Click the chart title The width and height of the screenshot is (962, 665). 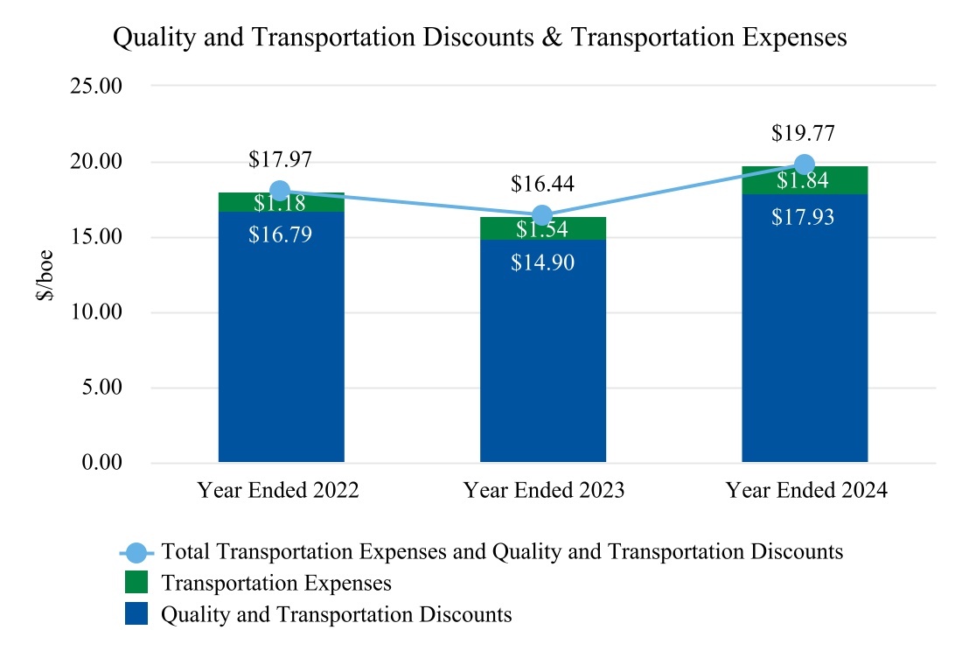pyautogui.click(x=480, y=38)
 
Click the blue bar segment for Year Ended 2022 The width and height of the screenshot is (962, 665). pyautogui.click(x=281, y=350)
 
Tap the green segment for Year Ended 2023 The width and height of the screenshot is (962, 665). pyautogui.click(x=542, y=229)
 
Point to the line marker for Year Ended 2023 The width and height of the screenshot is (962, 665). pyautogui.click(x=542, y=216)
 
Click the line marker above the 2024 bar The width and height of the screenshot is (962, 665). pyautogui.click(x=805, y=164)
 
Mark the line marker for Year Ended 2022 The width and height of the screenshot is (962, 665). pyautogui.click(x=281, y=191)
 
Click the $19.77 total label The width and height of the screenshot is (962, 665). pyautogui.click(x=803, y=134)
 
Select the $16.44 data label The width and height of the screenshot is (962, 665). pyautogui.click(x=542, y=185)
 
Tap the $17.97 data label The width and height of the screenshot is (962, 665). pyautogui.click(x=280, y=160)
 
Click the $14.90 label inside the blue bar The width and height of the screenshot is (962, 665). pyautogui.click(x=542, y=262)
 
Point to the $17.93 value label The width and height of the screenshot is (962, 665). pyautogui.click(x=803, y=217)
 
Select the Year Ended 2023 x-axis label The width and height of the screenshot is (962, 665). pyautogui.click(x=543, y=490)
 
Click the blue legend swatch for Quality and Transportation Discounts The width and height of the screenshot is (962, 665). pyautogui.click(x=136, y=614)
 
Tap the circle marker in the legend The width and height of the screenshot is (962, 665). pyautogui.click(x=136, y=552)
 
